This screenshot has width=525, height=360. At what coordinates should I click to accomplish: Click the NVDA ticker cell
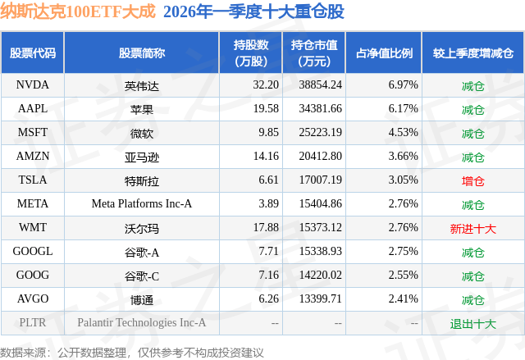(x=33, y=85)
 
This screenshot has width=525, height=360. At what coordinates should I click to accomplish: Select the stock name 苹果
(x=142, y=109)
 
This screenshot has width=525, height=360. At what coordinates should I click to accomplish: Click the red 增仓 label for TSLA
(x=473, y=180)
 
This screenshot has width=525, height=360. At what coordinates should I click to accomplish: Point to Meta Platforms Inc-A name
(x=142, y=204)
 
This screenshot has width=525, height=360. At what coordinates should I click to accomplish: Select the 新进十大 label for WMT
(x=473, y=228)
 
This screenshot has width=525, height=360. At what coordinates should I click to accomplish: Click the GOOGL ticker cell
(x=33, y=252)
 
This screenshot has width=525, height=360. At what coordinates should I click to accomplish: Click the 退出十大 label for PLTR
(x=473, y=323)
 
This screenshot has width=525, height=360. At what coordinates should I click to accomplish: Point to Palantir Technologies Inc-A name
(x=142, y=323)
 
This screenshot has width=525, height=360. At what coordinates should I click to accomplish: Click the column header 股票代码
(x=33, y=53)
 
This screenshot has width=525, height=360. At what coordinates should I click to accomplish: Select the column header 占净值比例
(x=384, y=53)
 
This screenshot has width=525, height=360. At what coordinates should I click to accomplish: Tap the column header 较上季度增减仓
(x=473, y=53)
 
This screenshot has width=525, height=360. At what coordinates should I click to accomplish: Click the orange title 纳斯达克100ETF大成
(x=79, y=12)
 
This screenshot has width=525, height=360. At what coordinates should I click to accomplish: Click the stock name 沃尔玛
(x=142, y=228)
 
